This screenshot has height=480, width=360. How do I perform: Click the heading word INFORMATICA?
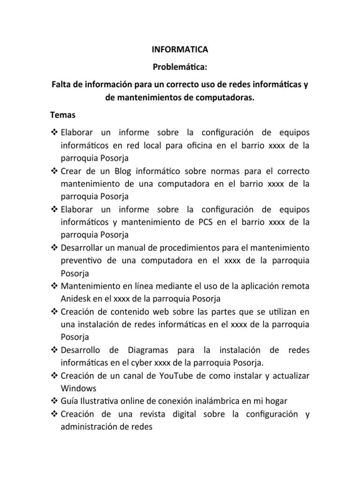180,49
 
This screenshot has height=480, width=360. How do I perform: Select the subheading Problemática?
180,69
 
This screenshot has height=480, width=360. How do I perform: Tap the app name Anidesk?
76,298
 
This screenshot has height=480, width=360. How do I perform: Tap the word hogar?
276,401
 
